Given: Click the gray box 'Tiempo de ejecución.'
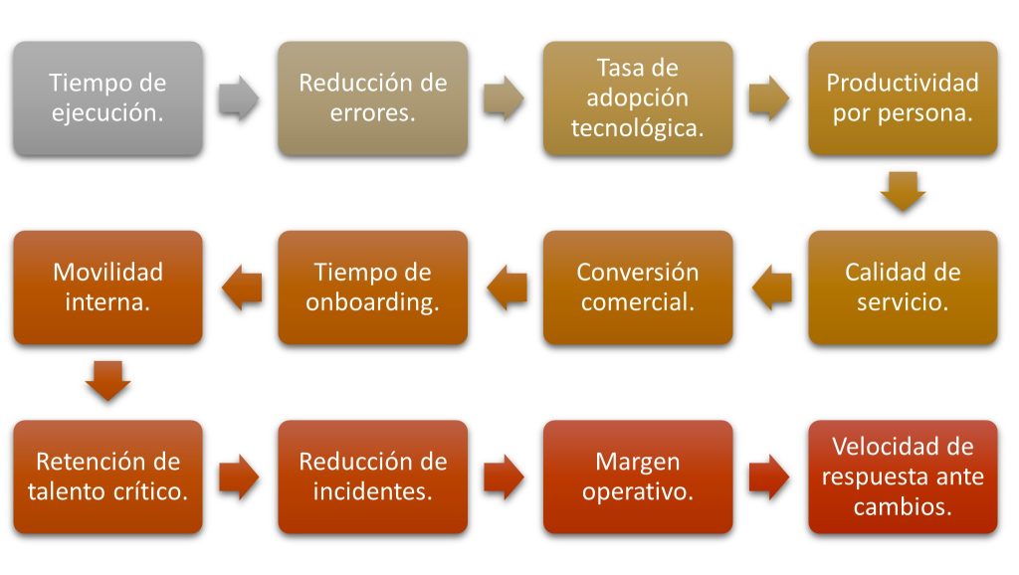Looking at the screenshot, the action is pos(107,98).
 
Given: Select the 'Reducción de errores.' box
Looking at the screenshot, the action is pos(373,98).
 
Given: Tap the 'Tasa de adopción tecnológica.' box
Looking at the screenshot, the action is pos(638,98).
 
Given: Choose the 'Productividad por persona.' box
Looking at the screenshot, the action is pos(903,98).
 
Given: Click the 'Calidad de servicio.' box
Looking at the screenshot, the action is pos(903,287).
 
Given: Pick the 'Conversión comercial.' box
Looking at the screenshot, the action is pos(638,287).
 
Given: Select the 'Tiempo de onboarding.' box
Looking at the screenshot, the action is pos(373,287).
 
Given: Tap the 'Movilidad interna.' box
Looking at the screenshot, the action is pos(107,287).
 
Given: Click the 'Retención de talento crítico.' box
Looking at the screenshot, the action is pos(107,477).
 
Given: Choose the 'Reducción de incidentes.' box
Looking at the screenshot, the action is pos(373,477).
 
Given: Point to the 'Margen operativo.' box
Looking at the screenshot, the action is pos(638,477).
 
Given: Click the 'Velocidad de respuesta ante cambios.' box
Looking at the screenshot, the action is pos(903,477).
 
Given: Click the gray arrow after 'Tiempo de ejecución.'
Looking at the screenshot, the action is pos(239,98).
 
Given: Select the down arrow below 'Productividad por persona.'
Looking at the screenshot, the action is pos(903,192).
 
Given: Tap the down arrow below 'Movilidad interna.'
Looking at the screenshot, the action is pos(107,381).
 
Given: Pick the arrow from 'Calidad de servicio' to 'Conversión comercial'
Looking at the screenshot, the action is pos(772,287).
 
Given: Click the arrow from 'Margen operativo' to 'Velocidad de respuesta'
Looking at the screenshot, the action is pos(769,477).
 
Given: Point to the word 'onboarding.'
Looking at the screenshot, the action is pos(373,302).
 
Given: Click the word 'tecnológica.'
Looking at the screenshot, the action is pos(638,128).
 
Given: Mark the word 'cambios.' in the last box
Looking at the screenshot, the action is pos(903,506).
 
